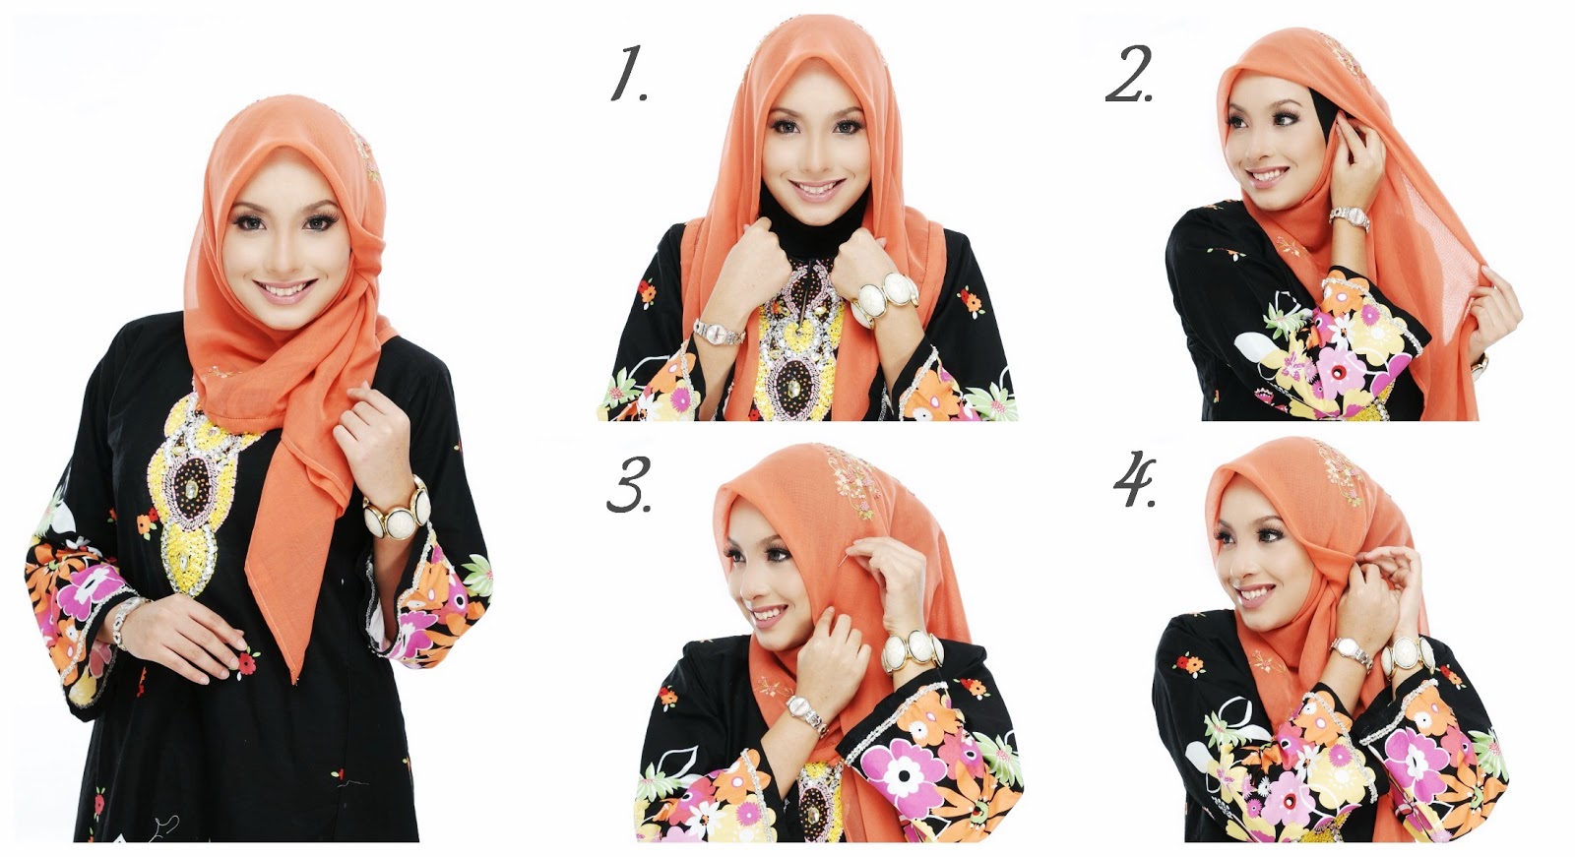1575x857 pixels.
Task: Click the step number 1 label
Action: [628, 76]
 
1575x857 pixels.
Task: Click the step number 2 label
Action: [1129, 77]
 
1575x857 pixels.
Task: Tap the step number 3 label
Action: [628, 485]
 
